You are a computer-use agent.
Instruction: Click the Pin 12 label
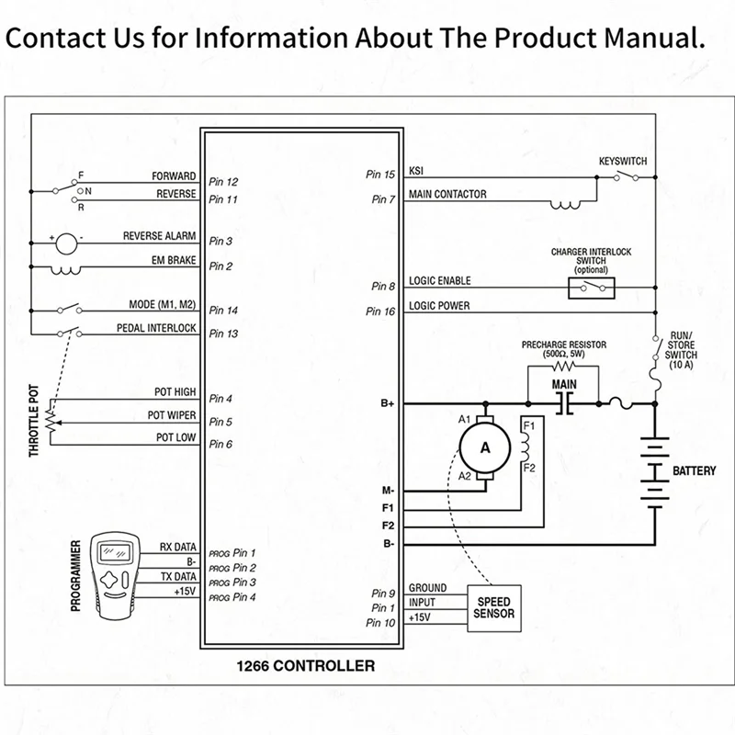(x=223, y=182)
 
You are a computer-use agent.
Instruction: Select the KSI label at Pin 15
(x=416, y=172)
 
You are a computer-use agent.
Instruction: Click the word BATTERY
(x=695, y=471)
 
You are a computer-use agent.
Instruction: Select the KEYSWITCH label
(x=623, y=161)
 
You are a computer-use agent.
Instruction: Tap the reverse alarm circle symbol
(x=67, y=243)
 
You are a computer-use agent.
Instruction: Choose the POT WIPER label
(x=172, y=415)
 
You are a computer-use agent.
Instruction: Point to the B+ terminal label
(x=388, y=402)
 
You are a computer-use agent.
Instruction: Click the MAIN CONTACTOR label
(x=447, y=195)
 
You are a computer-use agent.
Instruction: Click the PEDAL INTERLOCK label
(x=156, y=328)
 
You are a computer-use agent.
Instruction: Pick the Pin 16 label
(x=380, y=312)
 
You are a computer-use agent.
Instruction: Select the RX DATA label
(x=178, y=546)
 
